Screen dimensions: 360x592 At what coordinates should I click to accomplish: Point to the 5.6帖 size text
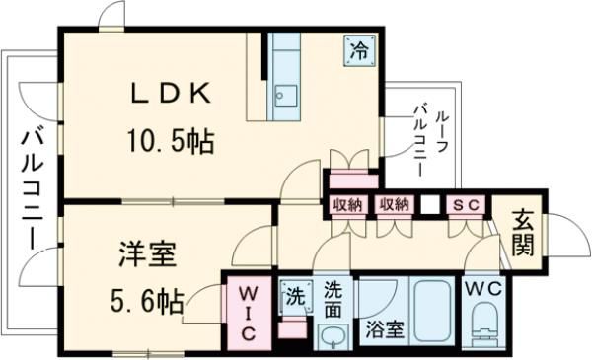[x=145, y=301]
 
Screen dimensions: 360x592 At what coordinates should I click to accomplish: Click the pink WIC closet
[x=247, y=315]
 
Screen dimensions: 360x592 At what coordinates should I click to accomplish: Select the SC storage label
[x=463, y=205]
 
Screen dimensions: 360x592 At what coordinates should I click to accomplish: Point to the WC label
[x=484, y=290]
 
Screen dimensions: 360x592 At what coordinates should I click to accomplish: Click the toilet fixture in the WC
[x=485, y=325]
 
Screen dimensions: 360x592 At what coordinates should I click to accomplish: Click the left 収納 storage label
[x=347, y=205]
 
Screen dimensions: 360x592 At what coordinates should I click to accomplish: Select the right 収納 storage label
[x=394, y=205]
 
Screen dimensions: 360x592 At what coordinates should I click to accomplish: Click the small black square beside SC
[x=429, y=206]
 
